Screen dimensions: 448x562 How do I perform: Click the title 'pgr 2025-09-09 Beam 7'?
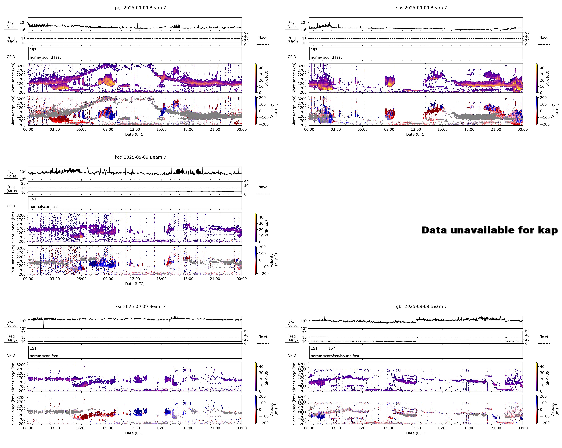(x=140, y=8)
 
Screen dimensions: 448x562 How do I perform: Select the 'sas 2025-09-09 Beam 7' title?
(x=421, y=8)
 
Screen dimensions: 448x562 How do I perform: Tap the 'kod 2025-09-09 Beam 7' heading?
(x=140, y=157)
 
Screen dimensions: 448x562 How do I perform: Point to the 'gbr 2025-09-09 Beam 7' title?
(x=421, y=306)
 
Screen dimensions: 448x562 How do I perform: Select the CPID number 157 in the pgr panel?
(x=33, y=50)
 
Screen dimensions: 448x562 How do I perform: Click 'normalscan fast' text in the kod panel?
(x=44, y=207)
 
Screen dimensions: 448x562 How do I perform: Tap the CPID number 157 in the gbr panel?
(x=332, y=349)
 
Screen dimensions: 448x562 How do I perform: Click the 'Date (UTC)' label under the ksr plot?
(x=135, y=433)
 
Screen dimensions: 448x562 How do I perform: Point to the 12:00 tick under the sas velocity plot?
(x=416, y=129)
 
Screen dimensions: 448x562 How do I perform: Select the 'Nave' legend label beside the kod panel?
(x=263, y=187)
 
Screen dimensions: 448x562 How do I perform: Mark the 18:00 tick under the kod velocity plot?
(x=188, y=279)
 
